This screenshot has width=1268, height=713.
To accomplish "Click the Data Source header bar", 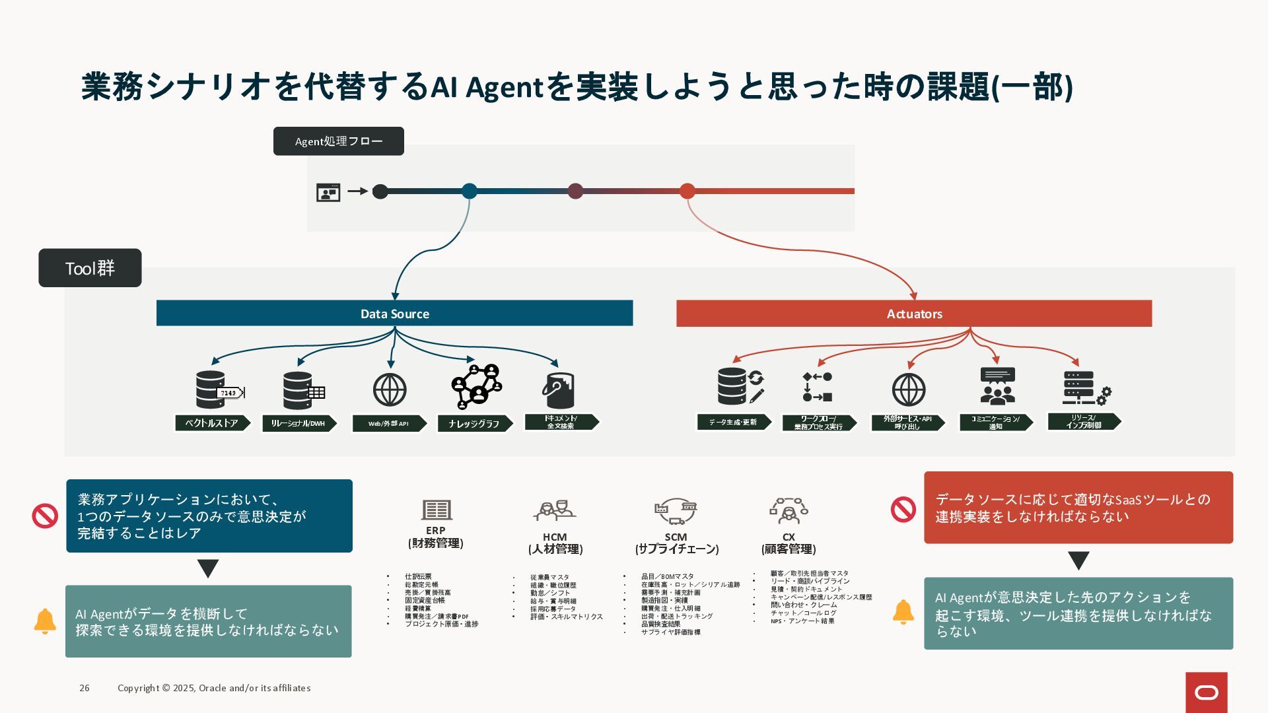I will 394,314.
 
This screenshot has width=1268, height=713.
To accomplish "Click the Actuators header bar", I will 914,314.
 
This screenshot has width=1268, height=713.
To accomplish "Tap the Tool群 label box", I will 90,268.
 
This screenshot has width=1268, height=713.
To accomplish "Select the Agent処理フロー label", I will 338,141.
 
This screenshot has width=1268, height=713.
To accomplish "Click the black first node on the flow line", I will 380,191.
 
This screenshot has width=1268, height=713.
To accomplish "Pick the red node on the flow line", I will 687,191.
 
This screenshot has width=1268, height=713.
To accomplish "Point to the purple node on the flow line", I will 575,191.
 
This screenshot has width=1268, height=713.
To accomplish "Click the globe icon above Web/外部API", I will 390,390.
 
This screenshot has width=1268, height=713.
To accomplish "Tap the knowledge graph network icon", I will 477,386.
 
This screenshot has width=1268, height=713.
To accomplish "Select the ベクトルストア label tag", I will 212,423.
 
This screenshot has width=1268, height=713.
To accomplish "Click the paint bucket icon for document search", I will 559,390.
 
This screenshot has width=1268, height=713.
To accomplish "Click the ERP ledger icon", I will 437,510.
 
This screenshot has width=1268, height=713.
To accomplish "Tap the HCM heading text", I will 555,537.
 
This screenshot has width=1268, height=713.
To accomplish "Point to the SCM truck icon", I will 676,510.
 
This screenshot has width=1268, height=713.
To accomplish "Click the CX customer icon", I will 789,510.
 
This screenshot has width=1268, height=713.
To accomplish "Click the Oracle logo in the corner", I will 1206,693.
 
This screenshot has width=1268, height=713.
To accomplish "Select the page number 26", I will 85,688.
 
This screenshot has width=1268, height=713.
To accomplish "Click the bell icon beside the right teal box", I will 903,612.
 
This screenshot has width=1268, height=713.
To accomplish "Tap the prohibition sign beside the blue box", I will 45,516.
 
